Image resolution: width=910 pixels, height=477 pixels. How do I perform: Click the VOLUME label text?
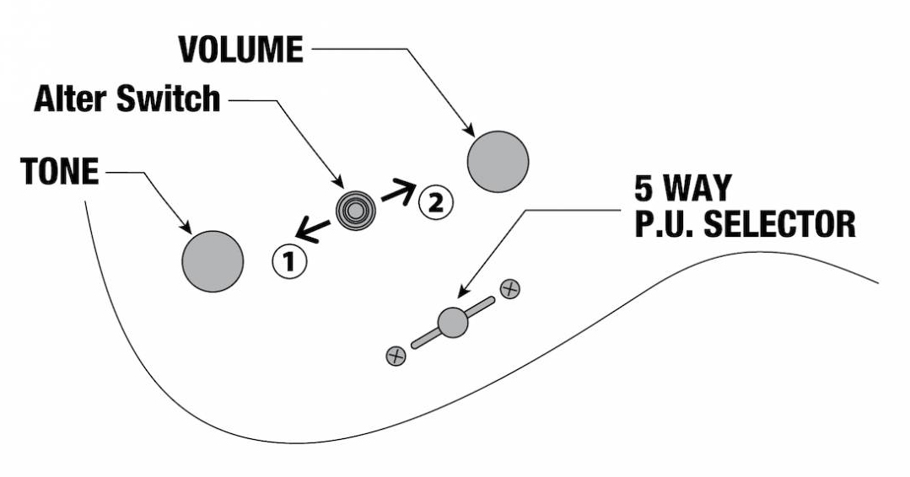(240, 50)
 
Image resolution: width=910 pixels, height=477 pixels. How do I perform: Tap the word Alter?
(71, 99)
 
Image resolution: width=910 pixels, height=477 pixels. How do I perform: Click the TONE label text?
(59, 173)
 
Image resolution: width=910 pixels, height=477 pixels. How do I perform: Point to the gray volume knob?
(498, 161)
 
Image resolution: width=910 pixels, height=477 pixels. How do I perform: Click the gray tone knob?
(213, 260)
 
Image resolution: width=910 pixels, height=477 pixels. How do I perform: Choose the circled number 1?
(288, 262)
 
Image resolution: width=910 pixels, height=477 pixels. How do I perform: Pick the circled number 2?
(436, 201)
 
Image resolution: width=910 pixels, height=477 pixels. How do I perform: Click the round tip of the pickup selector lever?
(453, 322)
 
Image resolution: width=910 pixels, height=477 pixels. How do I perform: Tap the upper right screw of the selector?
(509, 288)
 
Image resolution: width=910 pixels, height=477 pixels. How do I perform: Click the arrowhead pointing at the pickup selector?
(462, 293)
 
